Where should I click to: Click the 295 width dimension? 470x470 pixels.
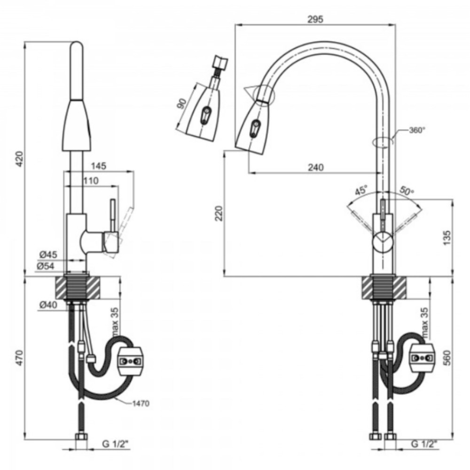pos(315,19)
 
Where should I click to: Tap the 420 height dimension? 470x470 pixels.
pos(19,159)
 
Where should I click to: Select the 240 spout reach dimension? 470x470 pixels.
pos(316,167)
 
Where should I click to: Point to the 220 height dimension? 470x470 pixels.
pos(219,213)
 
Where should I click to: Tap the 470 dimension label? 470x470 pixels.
pos(19,358)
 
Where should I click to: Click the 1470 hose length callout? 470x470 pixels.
pos(141,404)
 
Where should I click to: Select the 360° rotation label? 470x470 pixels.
pos(417,130)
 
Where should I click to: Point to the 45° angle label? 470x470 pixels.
pos(361,191)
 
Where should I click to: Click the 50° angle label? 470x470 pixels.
pos(407,191)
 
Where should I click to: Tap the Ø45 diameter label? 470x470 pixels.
pos(48,255)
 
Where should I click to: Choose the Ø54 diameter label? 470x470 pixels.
pos(46,266)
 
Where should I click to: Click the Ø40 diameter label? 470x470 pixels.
pos(48,305)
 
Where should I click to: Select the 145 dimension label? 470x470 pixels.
pos(99,166)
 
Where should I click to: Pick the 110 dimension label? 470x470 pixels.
pos(90,181)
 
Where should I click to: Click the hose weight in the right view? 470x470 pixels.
pos(423,358)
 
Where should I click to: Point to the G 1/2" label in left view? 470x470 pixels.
pos(116,444)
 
